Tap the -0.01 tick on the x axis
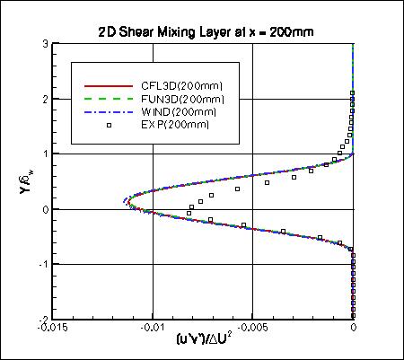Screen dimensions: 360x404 point(153,329)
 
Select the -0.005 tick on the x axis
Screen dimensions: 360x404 point(253,329)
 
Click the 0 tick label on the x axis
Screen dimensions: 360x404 point(354,329)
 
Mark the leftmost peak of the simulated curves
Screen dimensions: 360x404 point(125,200)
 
